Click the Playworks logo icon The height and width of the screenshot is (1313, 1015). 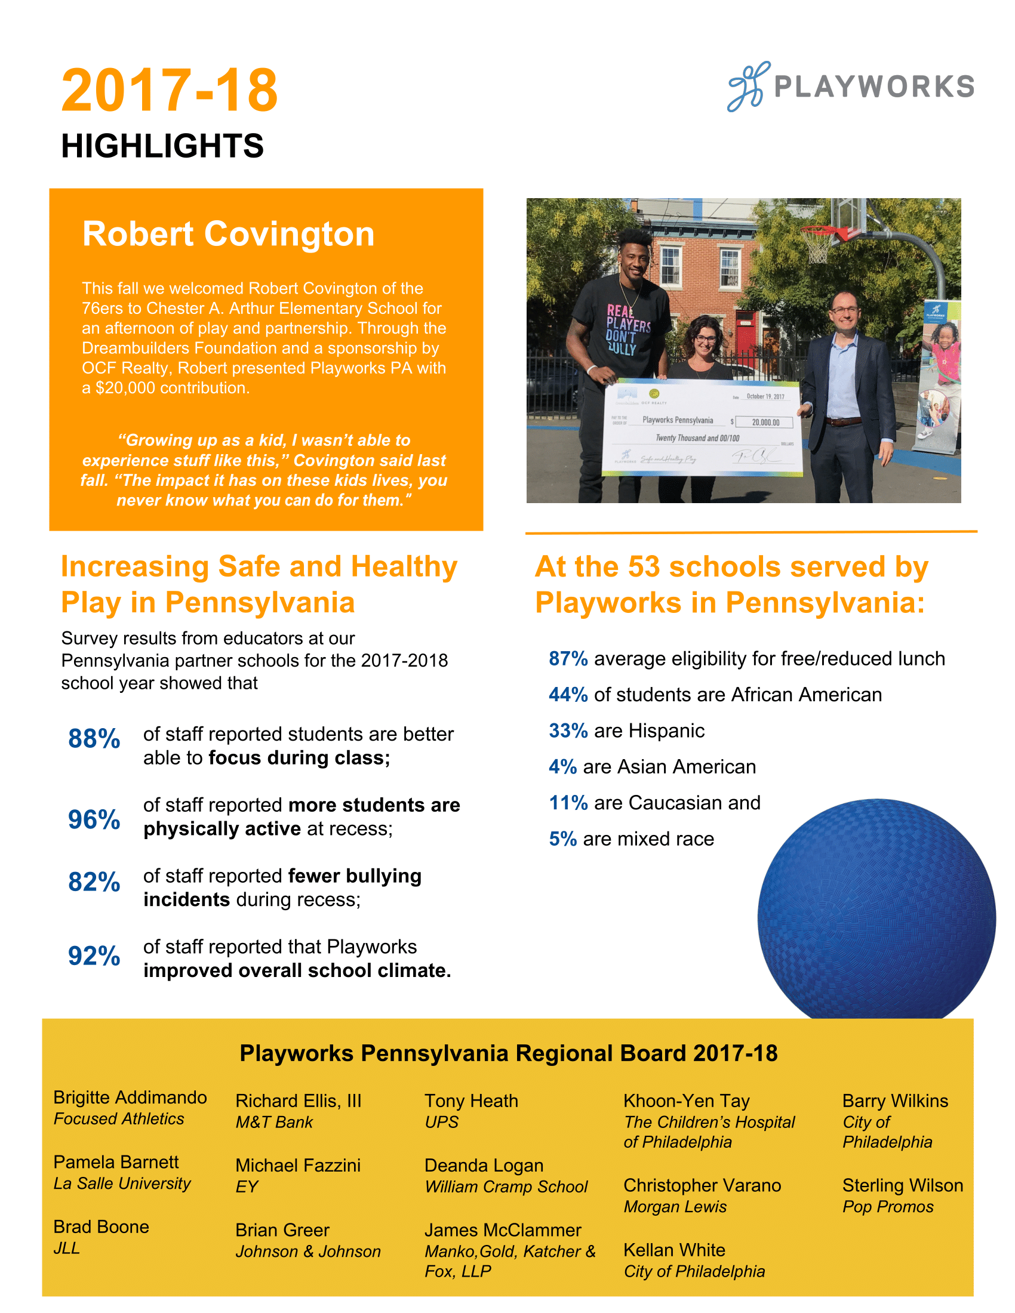click(x=748, y=87)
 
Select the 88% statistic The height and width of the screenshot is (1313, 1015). click(x=94, y=739)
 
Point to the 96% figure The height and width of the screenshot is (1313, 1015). click(x=94, y=819)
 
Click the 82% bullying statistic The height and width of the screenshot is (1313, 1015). click(x=94, y=882)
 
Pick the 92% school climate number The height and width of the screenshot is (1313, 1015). click(x=94, y=956)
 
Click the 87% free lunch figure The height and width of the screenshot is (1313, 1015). click(x=568, y=659)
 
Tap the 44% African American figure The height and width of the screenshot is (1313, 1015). click(x=568, y=695)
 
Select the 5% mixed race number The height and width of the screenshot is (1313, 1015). click(x=563, y=839)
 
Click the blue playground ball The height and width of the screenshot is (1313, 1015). click(x=875, y=914)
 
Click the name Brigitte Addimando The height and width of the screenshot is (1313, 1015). click(x=130, y=1098)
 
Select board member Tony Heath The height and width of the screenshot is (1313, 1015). click(x=471, y=1101)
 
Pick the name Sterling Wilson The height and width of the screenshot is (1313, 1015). click(x=902, y=1185)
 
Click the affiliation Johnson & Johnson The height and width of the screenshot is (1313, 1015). click(x=308, y=1252)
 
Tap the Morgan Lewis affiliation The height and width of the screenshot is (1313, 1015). click(x=675, y=1207)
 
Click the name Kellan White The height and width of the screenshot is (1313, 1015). click(x=674, y=1250)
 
